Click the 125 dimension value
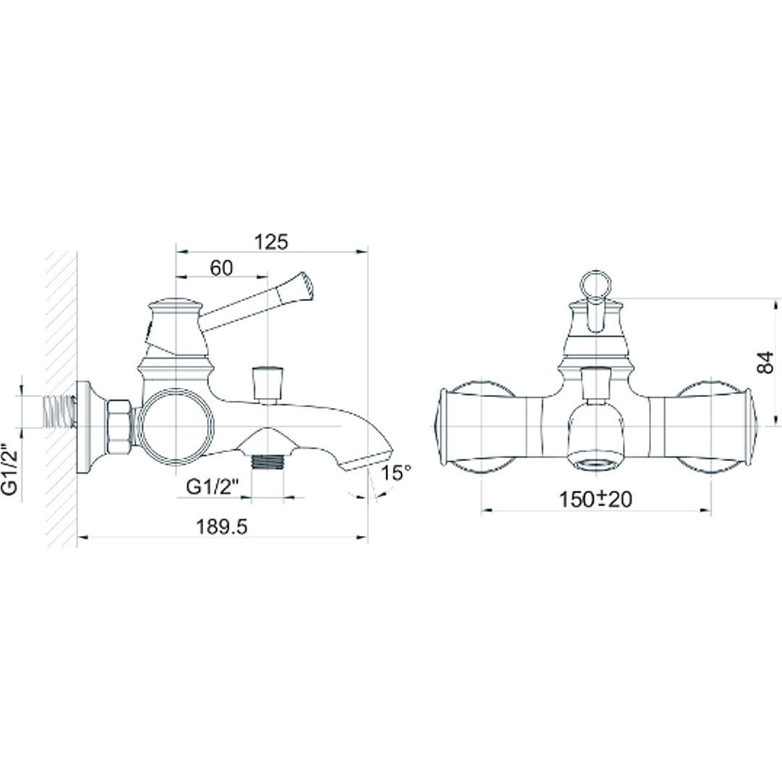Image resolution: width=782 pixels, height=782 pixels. pyautogui.click(x=271, y=242)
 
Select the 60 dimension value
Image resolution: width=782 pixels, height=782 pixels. pyautogui.click(x=221, y=268)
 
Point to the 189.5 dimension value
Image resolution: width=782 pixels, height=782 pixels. pyautogui.click(x=222, y=527)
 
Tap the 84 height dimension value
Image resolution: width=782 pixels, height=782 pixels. pyautogui.click(x=765, y=362)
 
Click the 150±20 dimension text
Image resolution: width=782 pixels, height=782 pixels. pyautogui.click(x=595, y=499)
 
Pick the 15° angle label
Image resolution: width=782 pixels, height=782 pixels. pyautogui.click(x=396, y=473)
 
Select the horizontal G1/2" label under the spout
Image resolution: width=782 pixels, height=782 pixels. pyautogui.click(x=213, y=487)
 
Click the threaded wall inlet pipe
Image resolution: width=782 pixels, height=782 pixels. pyautogui.click(x=59, y=412)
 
